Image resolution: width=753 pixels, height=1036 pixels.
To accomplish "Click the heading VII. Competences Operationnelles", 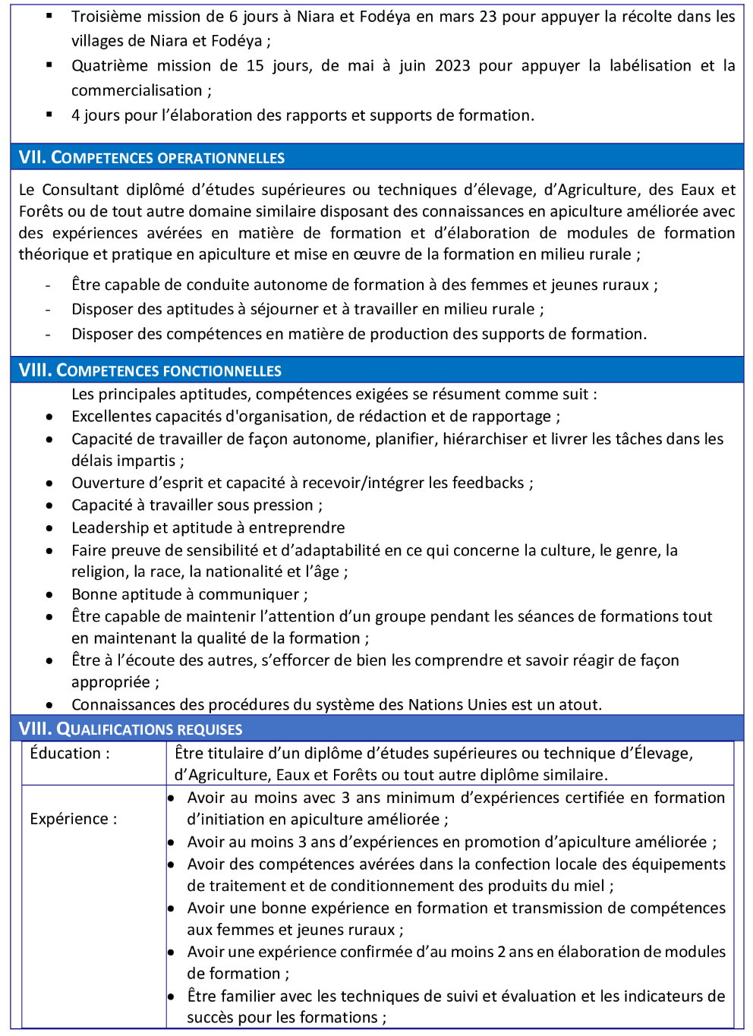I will [152, 158].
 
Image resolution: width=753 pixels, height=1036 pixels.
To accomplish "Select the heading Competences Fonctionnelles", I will [150, 370].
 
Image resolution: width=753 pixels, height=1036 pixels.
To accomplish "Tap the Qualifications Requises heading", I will [131, 729].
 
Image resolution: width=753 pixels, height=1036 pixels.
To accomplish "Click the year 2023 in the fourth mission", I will [452, 66].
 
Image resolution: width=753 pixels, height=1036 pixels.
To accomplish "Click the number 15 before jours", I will [255, 66].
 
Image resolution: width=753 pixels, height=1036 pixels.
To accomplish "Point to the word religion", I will [99, 572].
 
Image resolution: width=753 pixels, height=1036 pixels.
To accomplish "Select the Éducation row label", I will [70, 754].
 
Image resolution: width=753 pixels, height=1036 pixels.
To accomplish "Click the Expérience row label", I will [74, 819].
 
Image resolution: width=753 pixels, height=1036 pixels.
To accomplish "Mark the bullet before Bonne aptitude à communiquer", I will [49, 595].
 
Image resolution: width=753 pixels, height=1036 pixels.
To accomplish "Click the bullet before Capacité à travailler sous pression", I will [49, 505].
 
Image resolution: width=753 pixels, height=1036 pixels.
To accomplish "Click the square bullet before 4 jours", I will [49, 115].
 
